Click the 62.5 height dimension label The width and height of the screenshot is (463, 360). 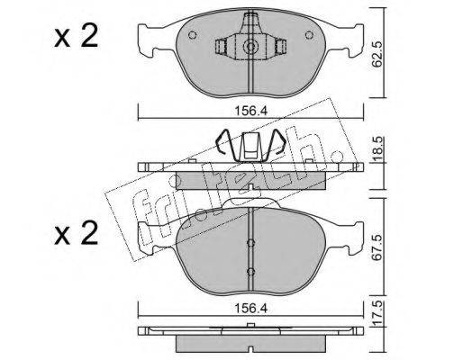[377, 54]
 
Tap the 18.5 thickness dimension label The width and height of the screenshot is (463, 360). [377, 149]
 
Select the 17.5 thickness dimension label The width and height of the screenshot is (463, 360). [377, 313]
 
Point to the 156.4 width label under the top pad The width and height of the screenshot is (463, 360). [250, 112]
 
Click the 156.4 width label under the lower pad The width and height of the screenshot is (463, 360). [250, 309]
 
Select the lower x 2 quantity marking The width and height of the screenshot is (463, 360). [77, 233]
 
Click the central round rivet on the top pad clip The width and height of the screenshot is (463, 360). [250, 47]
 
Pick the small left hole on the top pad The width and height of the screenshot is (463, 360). [193, 35]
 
